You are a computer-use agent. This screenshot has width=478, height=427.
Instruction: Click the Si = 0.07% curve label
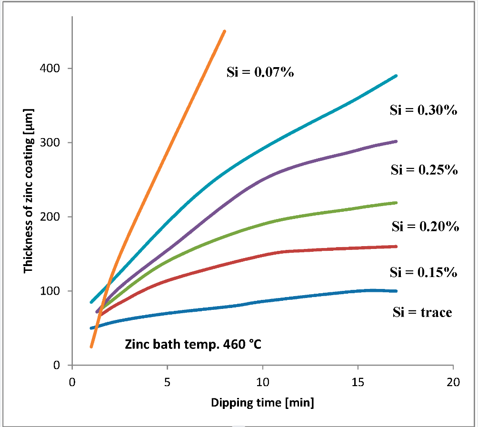coord(260,73)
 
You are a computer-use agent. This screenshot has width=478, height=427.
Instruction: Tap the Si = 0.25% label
coord(424,170)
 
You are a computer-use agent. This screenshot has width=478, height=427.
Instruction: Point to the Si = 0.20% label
coord(425,227)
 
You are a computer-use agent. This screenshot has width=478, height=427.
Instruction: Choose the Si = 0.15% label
coord(424,272)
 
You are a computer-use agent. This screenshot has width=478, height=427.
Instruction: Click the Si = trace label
coord(422,313)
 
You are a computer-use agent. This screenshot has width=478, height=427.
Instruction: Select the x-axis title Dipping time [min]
coord(262,403)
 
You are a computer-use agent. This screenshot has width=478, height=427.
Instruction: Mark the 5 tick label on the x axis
coord(167,382)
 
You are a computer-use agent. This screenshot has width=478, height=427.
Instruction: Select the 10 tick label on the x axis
coord(262,382)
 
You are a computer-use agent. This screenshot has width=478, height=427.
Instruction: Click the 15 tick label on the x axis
coord(358,382)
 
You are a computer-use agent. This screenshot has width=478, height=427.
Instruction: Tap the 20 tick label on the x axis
coord(453,382)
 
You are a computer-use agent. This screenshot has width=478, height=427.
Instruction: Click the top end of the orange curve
coord(224,31)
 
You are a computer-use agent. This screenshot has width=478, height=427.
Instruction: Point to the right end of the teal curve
coord(396,76)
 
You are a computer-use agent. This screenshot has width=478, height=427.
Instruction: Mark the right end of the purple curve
coord(396,141)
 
